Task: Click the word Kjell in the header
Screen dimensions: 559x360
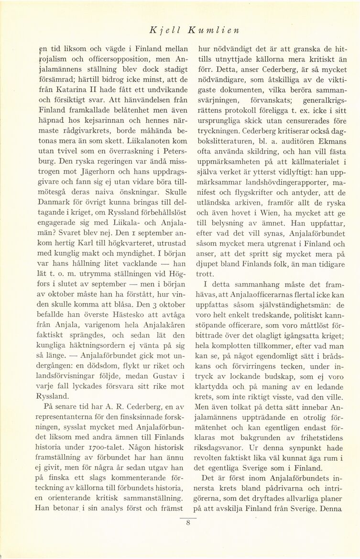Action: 160,30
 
